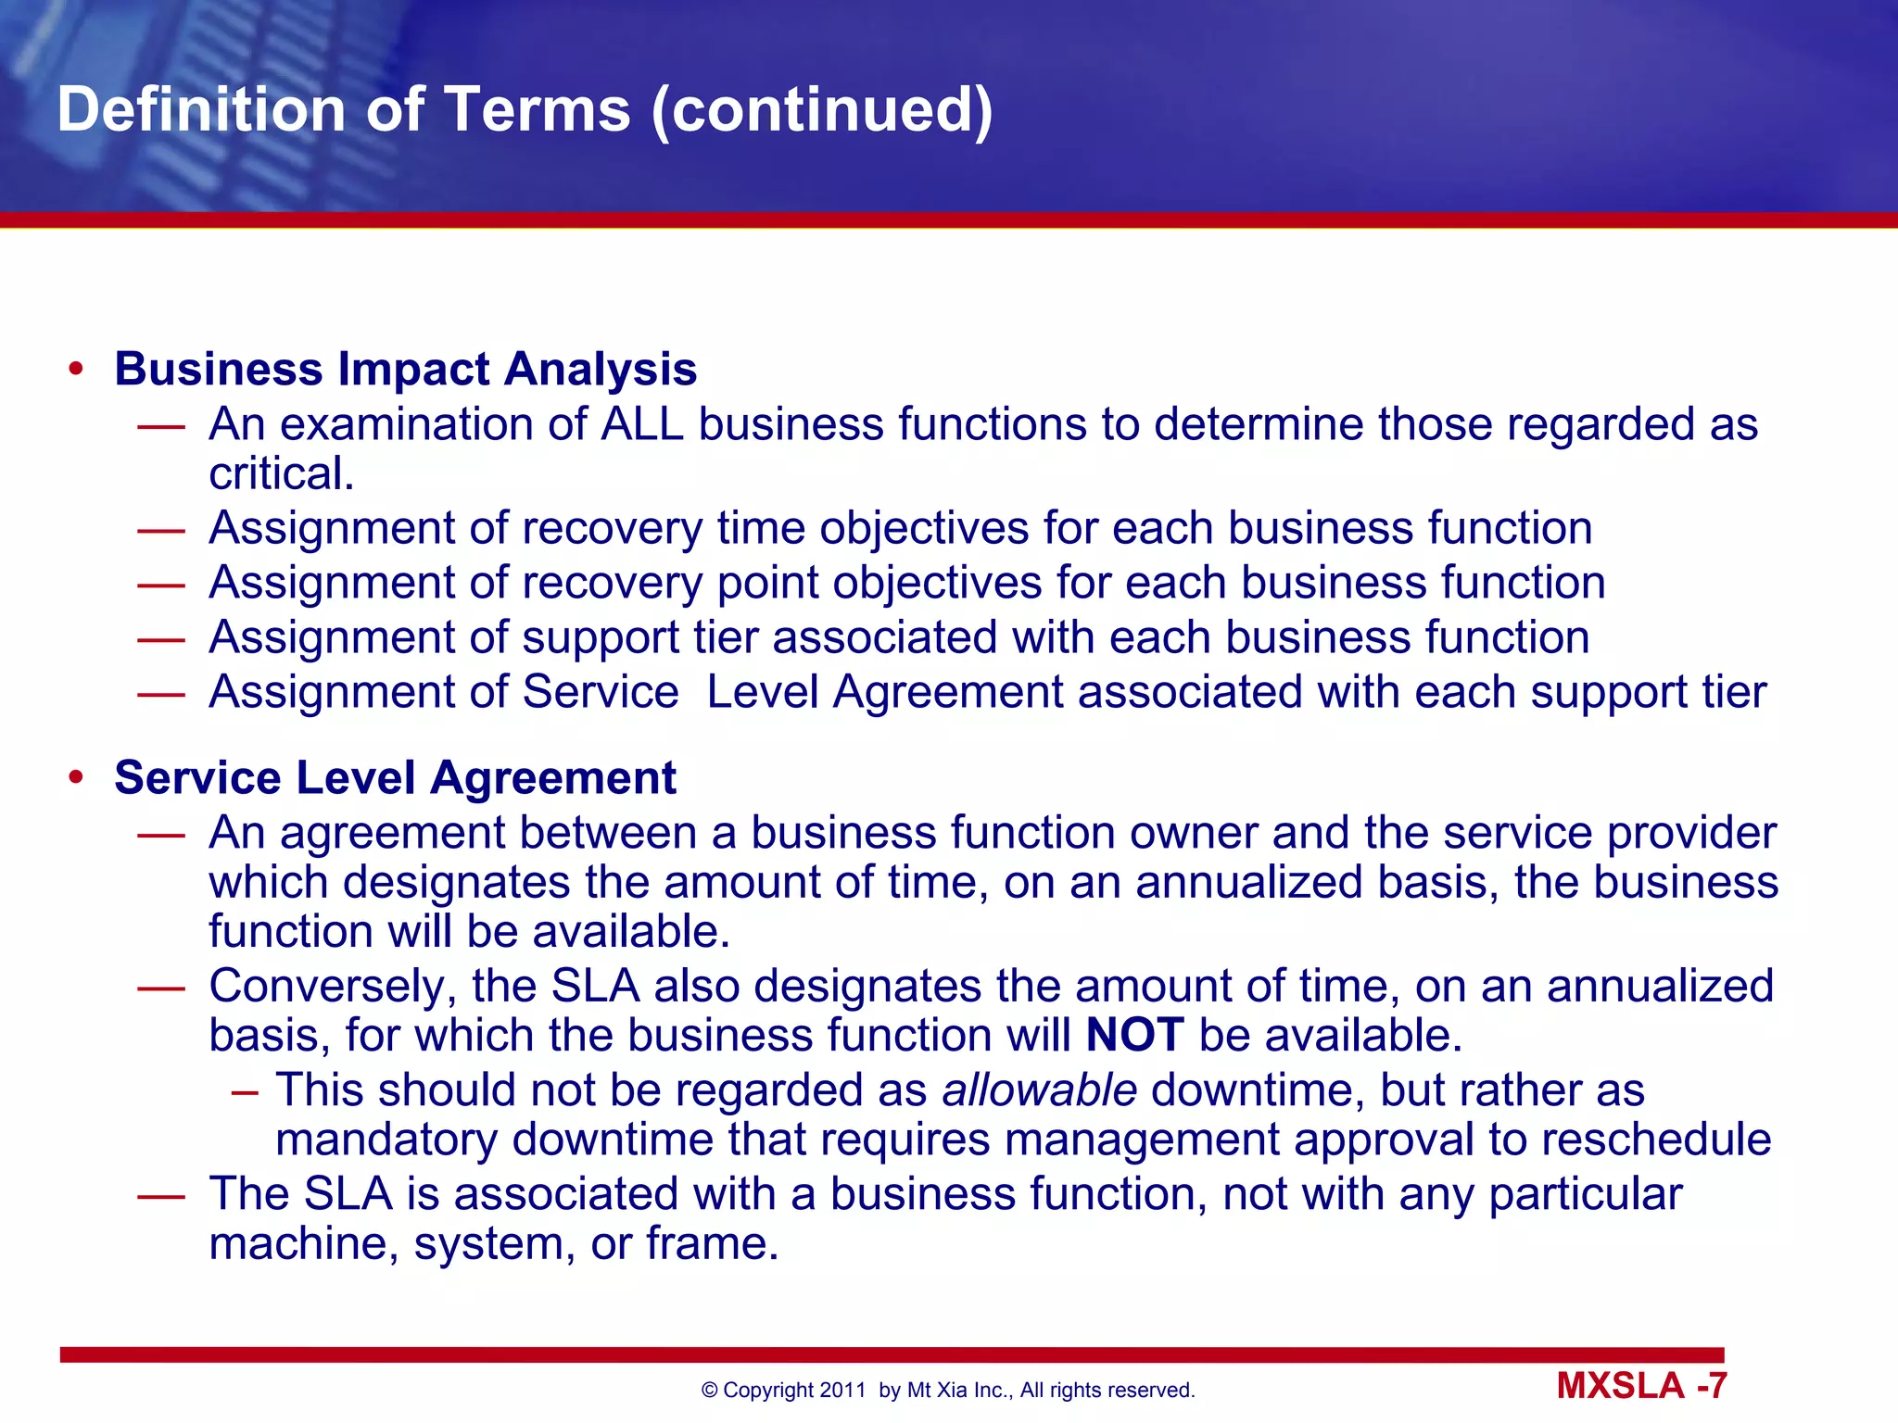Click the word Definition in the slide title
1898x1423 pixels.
[201, 109]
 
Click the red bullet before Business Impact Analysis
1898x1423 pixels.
[76, 370]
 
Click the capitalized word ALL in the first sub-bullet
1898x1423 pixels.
[642, 424]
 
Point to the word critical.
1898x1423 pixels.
[281, 474]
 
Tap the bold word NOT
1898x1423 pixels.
[1134, 1035]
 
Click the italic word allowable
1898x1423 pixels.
[1039, 1089]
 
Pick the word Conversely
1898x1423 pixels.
[332, 987]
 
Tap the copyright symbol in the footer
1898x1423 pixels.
[710, 1390]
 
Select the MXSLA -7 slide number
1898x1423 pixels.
[1641, 1386]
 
